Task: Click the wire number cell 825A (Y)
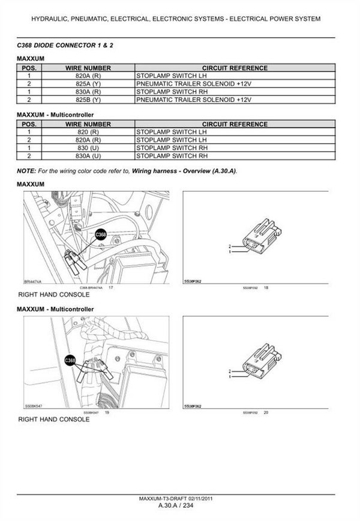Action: [x=88, y=84]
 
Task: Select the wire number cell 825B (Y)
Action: [x=88, y=100]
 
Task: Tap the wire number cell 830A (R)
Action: [x=88, y=92]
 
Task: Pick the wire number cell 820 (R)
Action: [x=88, y=131]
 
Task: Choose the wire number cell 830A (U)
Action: [x=88, y=155]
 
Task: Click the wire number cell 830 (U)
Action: [x=88, y=147]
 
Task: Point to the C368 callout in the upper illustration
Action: [x=101, y=236]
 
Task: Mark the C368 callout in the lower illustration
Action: [x=70, y=360]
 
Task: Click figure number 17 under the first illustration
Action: [x=110, y=288]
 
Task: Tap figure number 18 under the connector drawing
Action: [x=266, y=288]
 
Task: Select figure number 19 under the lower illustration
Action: [x=107, y=412]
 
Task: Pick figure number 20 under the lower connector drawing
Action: [x=266, y=412]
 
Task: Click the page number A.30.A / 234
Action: [x=179, y=505]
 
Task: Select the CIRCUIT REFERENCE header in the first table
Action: [x=235, y=68]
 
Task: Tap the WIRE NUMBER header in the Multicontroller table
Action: [x=88, y=124]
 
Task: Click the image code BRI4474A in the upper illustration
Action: [x=32, y=280]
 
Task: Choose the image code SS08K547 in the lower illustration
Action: [x=34, y=405]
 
